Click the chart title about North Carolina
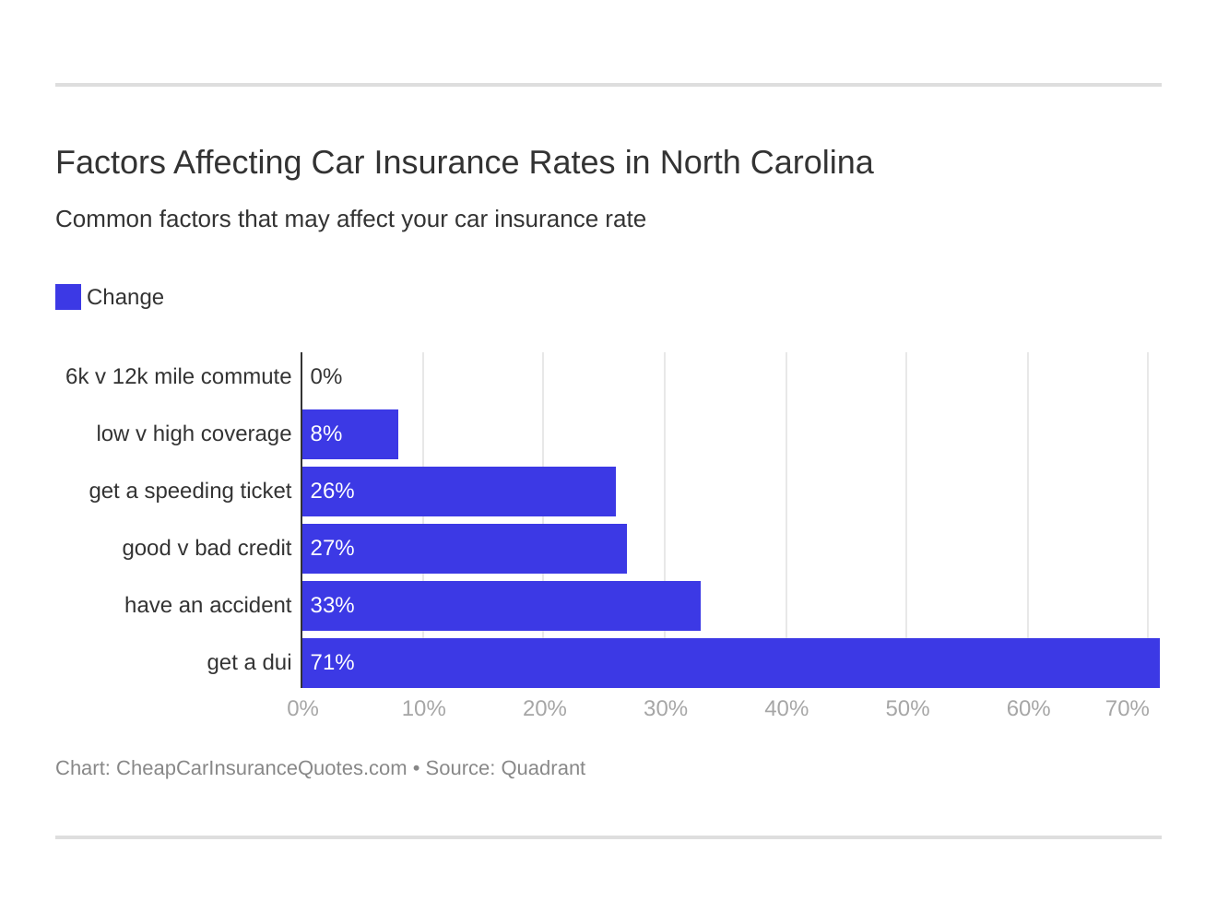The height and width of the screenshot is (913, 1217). coord(464,162)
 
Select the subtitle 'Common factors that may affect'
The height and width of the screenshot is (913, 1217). coord(350,219)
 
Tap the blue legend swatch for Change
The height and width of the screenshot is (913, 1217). coord(68,297)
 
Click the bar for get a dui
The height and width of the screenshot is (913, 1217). coord(730,663)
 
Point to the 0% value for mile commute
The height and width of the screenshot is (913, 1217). coord(326,377)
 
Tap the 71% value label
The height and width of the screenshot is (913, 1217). coord(332,663)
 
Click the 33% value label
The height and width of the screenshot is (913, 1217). coord(332,606)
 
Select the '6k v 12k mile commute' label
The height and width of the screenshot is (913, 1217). coord(178,377)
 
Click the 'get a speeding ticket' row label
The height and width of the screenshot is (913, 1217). coord(190,492)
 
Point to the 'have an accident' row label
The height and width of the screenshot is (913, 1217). coord(207,606)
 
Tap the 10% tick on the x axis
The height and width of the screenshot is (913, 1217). coord(423,708)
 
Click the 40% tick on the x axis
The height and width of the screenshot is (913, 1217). coord(786,708)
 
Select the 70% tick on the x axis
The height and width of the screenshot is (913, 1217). coord(1127,708)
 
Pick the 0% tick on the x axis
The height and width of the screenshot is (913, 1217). coord(302,708)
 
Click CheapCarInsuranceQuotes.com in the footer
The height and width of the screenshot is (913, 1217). coord(261,768)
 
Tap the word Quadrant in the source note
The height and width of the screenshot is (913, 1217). coord(543,768)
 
